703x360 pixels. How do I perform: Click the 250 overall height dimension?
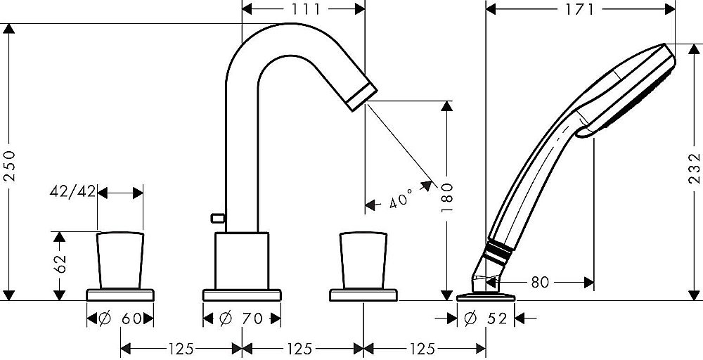point(9,165)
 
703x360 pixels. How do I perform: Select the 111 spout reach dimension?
point(304,9)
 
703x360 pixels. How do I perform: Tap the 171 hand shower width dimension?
point(579,9)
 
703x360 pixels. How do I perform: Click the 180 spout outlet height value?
point(447,198)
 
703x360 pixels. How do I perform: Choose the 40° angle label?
point(401,198)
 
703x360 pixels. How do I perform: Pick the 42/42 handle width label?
point(72,191)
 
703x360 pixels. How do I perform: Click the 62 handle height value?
point(60,264)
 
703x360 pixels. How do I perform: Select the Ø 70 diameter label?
point(240,319)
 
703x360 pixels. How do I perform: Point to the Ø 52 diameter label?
point(486,319)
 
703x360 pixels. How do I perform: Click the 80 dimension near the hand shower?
point(540,283)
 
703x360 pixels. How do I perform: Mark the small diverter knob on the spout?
point(217,218)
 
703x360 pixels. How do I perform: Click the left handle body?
point(120,260)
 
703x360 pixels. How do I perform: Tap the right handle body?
point(363,260)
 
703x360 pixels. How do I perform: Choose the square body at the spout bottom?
point(242,260)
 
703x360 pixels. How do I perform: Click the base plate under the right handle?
point(363,295)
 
